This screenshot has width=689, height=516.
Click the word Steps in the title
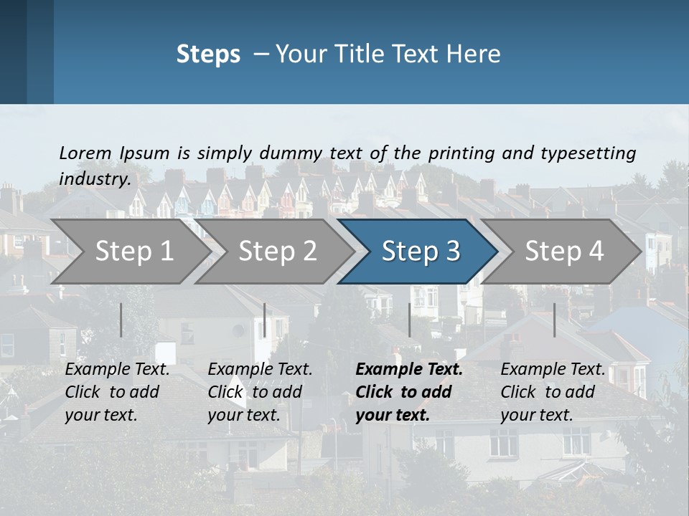coord(208,54)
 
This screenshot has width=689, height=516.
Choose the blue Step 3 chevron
coord(421,252)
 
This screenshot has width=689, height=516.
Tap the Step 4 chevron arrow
coord(564,252)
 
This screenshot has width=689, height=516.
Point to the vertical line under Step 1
coord(121,320)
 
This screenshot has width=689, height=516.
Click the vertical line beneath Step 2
coord(265,320)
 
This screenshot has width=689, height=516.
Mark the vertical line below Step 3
coord(410,320)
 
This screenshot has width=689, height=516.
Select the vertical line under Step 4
coord(554,320)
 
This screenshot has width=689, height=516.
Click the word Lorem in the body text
coord(85,153)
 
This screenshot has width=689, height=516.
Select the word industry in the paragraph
coord(93,179)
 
